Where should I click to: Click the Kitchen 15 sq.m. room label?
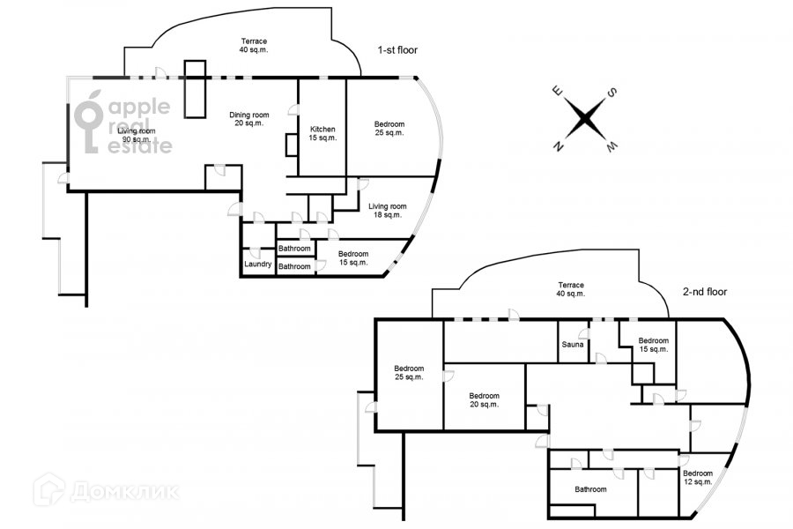coord(322,134)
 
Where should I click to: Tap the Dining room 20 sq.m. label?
coord(248,119)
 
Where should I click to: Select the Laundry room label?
coord(258,264)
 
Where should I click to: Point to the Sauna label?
coord(573,344)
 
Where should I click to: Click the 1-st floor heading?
coord(397,50)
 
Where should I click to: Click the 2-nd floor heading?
coord(705,292)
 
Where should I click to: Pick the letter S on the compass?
coord(612,93)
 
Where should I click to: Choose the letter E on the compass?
coord(557,91)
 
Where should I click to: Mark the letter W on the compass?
coord(611,147)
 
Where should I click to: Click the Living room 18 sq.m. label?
coord(388,211)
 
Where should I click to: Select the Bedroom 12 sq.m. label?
coord(698,477)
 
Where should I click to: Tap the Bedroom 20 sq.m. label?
coord(484,400)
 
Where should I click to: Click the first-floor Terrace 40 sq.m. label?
coord(254,46)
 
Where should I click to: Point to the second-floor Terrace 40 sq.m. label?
coord(571,289)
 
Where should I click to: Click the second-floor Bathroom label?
coord(590,489)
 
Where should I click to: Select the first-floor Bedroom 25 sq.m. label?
coord(389,129)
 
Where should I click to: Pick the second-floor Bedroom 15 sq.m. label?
coord(654,345)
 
